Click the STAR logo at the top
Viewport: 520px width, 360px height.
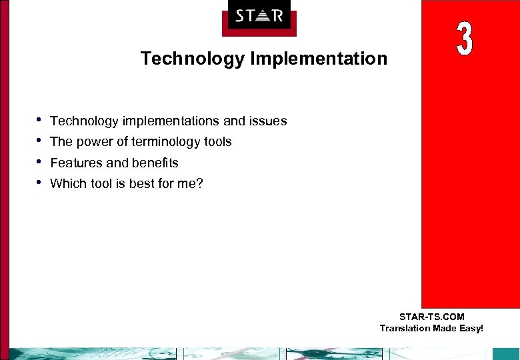(259, 15)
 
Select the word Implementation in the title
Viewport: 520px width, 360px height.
(319, 59)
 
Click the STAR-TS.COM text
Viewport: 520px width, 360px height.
(431, 317)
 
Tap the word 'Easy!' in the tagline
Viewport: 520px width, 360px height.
(469, 328)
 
